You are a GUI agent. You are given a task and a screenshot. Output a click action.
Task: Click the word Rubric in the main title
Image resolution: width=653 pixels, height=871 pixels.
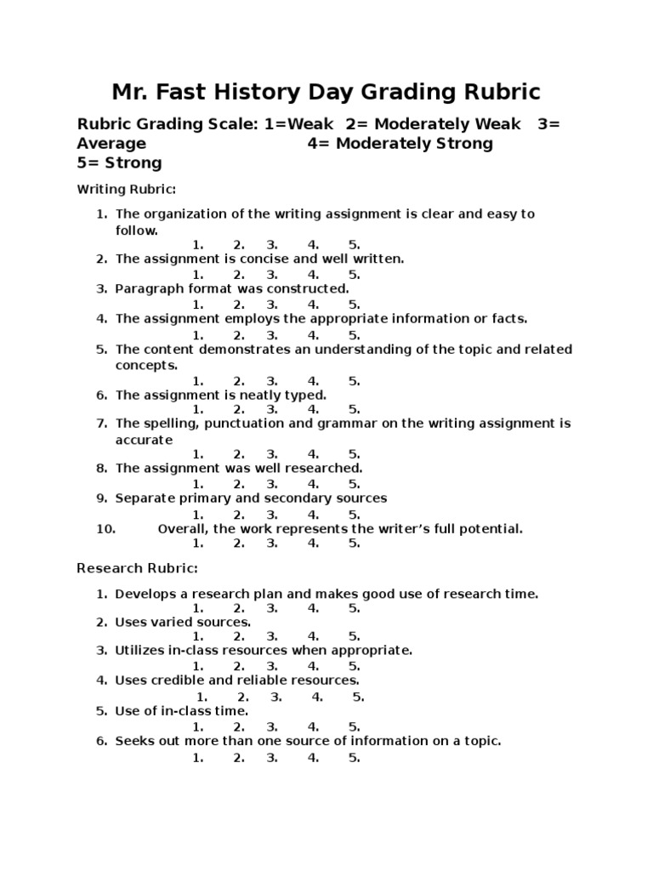(499, 92)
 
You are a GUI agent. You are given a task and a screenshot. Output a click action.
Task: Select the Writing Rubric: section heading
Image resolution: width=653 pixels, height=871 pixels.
(126, 188)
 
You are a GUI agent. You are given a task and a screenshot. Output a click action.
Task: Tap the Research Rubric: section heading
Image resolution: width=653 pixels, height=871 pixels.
(137, 567)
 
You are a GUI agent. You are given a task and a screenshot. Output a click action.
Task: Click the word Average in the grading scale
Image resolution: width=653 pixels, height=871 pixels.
(111, 144)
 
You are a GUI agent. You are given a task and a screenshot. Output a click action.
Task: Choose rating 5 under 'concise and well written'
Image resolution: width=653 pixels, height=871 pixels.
(354, 275)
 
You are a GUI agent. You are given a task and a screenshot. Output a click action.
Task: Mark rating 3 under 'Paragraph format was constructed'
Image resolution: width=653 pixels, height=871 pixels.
(272, 305)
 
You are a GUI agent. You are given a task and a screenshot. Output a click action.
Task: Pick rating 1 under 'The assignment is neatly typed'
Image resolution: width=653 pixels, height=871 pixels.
(197, 410)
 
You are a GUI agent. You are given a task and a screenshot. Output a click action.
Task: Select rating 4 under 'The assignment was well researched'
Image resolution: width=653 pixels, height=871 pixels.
(313, 484)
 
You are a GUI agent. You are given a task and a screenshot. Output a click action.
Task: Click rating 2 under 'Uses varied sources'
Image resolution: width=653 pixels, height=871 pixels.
(239, 636)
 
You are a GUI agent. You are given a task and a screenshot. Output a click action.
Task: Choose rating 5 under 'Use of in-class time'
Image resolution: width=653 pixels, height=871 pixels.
(354, 727)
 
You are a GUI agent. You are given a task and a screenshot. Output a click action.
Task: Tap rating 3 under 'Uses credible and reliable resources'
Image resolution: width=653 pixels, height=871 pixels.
(276, 697)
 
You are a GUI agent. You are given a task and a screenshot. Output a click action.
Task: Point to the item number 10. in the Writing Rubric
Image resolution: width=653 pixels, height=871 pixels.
(105, 529)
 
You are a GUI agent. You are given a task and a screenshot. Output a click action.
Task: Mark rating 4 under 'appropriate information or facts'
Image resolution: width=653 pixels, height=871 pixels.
(313, 335)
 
